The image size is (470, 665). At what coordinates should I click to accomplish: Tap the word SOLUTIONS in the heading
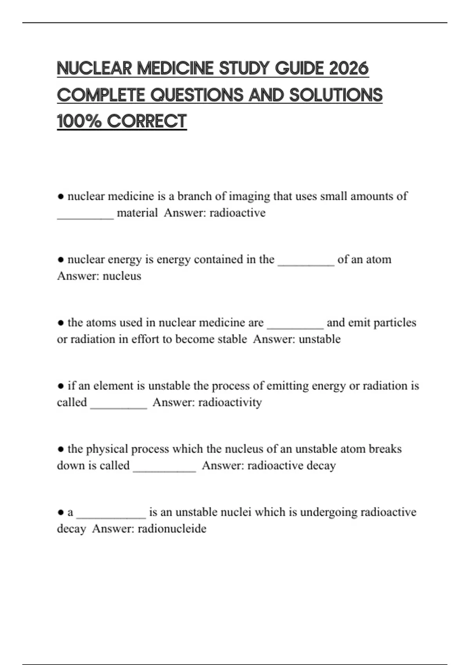point(336,95)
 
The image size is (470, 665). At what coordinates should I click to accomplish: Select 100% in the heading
point(78,121)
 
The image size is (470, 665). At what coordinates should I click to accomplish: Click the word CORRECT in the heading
point(147,121)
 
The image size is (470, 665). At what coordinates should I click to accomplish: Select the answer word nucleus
point(122,276)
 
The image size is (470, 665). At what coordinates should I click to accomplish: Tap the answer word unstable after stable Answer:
point(320,339)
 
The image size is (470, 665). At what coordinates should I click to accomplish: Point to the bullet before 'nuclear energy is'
point(61,260)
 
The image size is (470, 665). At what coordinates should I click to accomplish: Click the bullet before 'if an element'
point(61,386)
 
